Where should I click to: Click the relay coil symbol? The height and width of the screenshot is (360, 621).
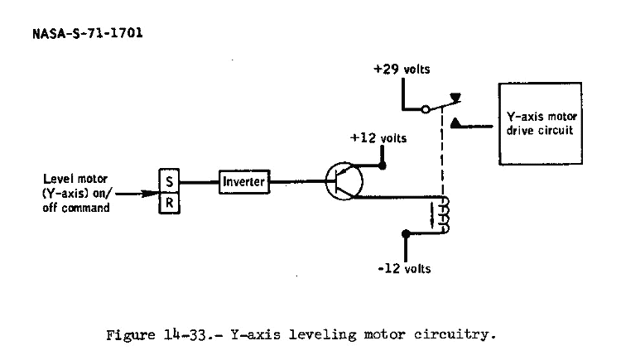click(x=445, y=215)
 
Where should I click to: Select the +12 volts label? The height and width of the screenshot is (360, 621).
click(x=378, y=138)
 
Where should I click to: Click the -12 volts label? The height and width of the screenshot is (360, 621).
click(x=404, y=270)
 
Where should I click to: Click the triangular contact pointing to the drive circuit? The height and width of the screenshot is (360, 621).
click(x=455, y=125)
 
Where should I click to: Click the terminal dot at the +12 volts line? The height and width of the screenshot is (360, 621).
click(x=382, y=165)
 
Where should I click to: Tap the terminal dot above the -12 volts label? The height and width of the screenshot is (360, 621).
click(x=405, y=233)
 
